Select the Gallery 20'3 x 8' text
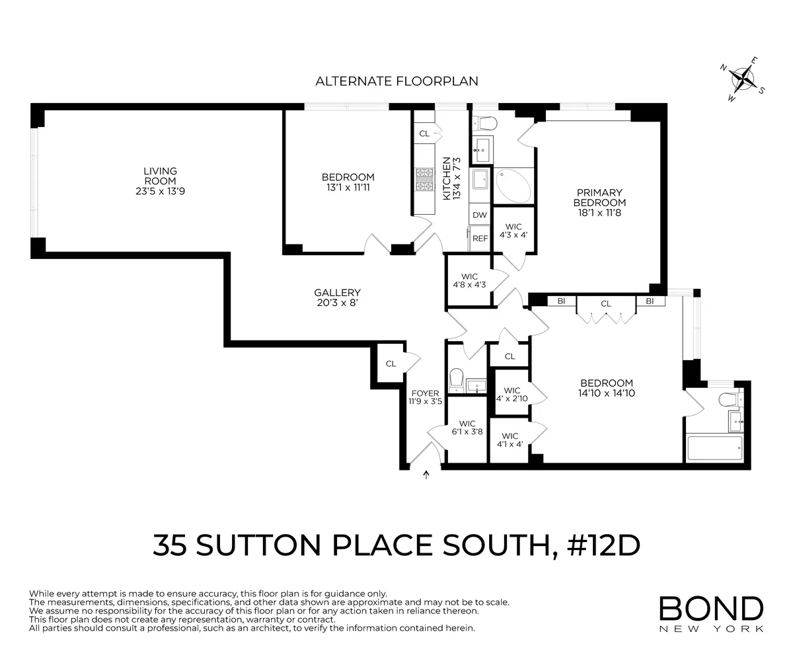(337, 298)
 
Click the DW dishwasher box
(480, 215)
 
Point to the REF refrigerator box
(480, 239)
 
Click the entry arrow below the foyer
(426, 474)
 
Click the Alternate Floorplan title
(397, 81)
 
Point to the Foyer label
(424, 397)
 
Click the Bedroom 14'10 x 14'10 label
(606, 387)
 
